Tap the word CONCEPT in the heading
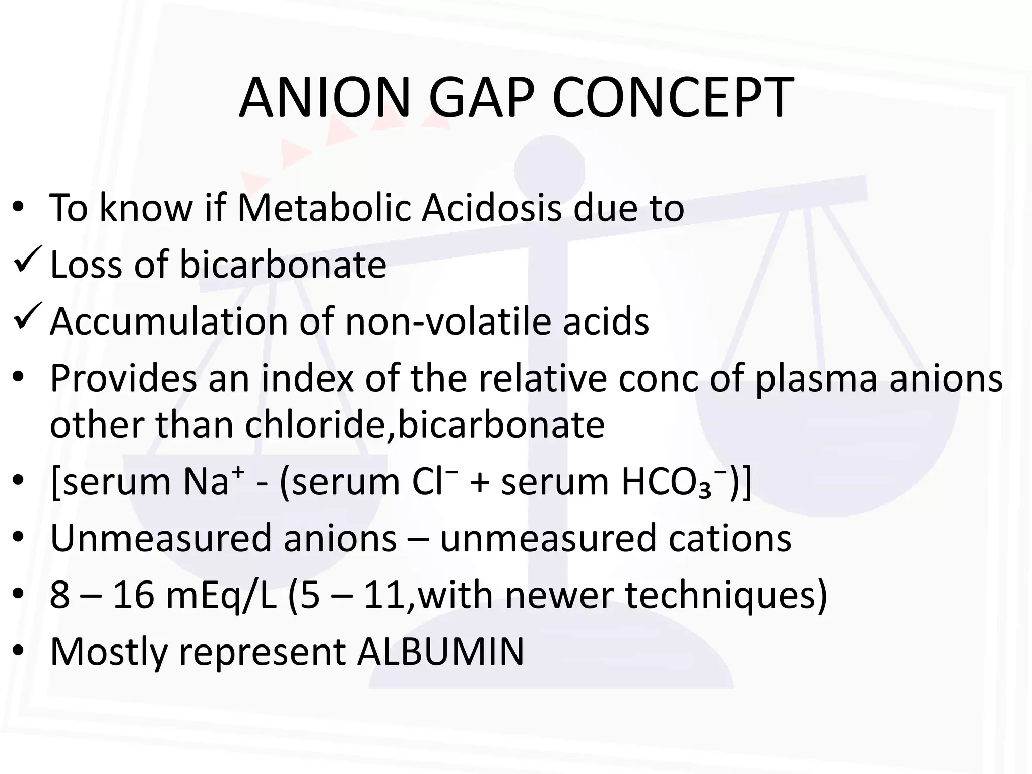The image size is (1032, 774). tap(672, 98)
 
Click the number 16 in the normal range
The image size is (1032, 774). tap(134, 595)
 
